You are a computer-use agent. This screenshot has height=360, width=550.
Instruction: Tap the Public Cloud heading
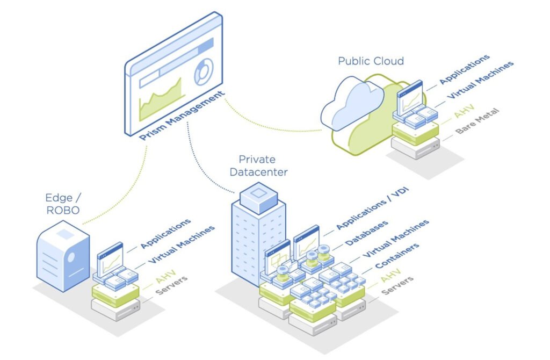coord(371,61)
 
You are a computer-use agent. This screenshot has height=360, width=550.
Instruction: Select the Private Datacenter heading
coord(257,165)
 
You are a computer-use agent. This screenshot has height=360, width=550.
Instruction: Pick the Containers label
coord(397,256)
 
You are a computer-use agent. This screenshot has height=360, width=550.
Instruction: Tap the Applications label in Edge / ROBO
coord(165,233)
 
